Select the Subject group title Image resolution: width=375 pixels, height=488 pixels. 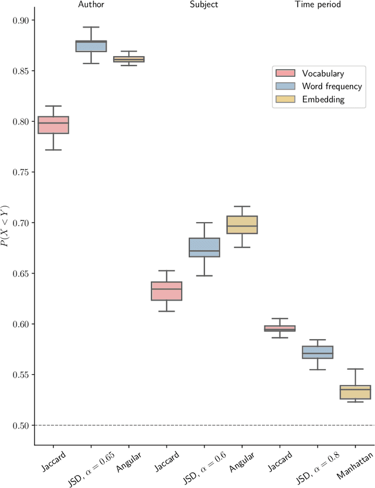[x=204, y=5]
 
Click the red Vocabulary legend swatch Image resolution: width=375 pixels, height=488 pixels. [x=285, y=73]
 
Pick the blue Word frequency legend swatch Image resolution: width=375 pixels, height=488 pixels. [x=285, y=87]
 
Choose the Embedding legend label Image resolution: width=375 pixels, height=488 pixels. [x=323, y=100]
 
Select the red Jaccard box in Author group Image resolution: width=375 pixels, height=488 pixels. [x=53, y=125]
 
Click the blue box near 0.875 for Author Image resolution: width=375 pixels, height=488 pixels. [x=91, y=46]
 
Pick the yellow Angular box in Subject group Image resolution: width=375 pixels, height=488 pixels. [x=242, y=224]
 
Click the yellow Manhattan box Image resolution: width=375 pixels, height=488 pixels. [x=355, y=392]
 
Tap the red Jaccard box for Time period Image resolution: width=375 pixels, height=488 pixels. [x=279, y=329]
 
